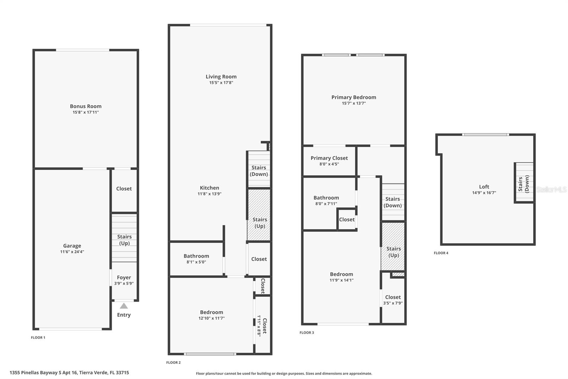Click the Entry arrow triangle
click(x=124, y=306)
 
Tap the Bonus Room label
click(x=86, y=106)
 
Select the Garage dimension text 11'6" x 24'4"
click(x=72, y=252)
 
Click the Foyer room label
click(x=124, y=277)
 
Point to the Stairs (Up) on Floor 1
click(x=124, y=240)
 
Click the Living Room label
click(x=221, y=76)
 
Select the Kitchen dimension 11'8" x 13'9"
click(x=209, y=194)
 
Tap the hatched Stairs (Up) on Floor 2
click(x=260, y=223)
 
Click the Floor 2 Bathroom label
click(x=196, y=256)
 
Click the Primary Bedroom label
click(x=354, y=97)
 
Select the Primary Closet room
click(x=329, y=161)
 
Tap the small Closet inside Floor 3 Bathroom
click(x=346, y=219)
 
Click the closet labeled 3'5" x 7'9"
click(x=393, y=300)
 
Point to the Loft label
click(x=484, y=187)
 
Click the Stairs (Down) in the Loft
click(x=524, y=183)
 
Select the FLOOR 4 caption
click(x=441, y=253)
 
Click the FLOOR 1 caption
click(x=38, y=337)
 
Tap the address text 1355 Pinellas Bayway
click(x=69, y=373)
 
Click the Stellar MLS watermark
click(x=551, y=189)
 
